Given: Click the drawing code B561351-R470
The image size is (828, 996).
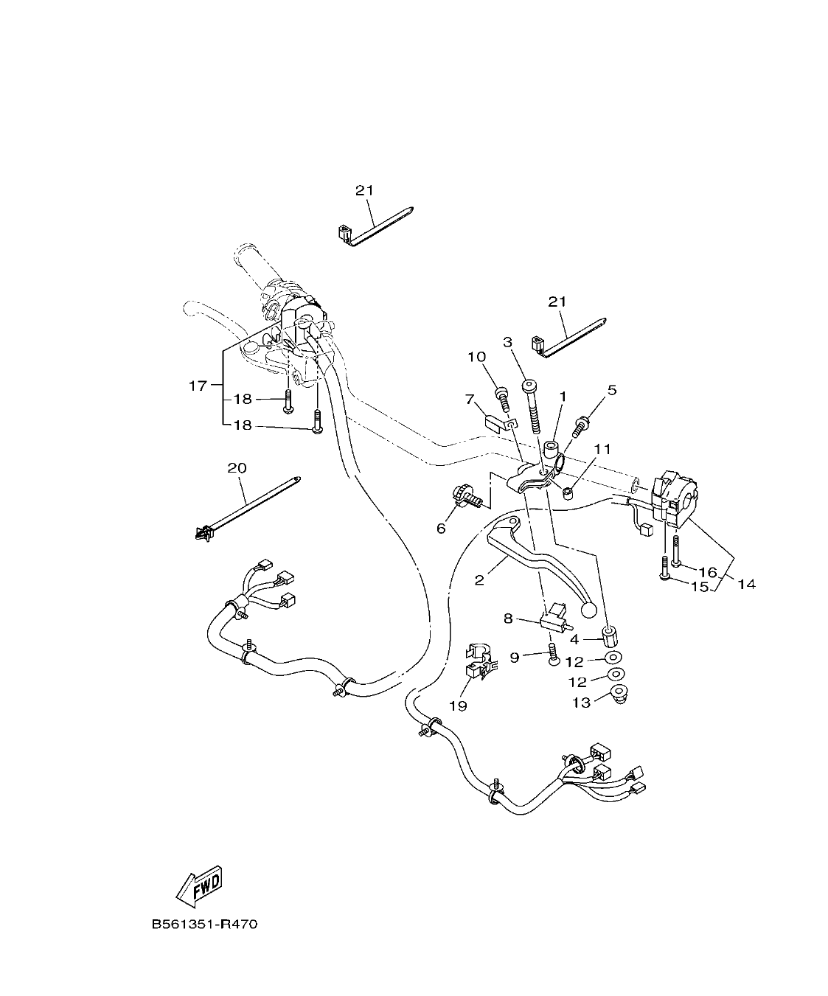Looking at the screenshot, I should [x=204, y=924].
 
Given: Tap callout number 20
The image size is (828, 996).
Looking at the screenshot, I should [x=237, y=467].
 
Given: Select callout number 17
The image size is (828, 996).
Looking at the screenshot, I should [x=198, y=385].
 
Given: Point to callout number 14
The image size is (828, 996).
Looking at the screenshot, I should [x=746, y=584].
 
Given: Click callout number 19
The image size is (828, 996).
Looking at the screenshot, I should [x=458, y=706].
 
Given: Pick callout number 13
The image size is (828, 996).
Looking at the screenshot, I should [x=581, y=703].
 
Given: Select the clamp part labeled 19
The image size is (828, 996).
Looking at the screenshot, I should [x=476, y=661].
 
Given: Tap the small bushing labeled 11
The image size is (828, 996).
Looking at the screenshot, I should [x=568, y=492].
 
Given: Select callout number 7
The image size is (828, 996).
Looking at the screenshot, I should [x=469, y=400].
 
